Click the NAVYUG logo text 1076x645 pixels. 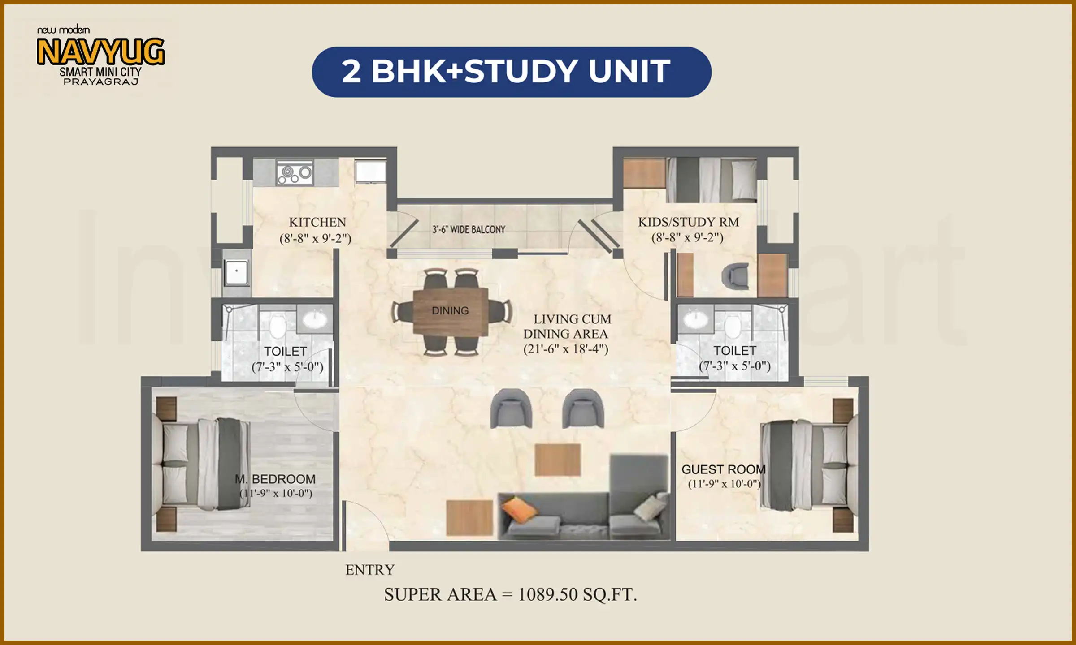click(100, 52)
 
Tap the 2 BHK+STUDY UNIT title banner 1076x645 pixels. click(511, 72)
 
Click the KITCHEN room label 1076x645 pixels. click(317, 222)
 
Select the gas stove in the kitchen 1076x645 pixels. click(294, 173)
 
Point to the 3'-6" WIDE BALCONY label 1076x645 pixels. click(469, 230)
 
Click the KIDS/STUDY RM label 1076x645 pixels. click(688, 222)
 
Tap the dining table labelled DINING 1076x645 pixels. click(450, 311)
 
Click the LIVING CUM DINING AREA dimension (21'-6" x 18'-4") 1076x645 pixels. click(565, 349)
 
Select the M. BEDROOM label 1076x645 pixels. click(275, 479)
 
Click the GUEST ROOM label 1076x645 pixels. click(723, 469)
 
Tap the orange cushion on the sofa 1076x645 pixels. click(519, 510)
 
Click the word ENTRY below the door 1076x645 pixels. click(369, 570)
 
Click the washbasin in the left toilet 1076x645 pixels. click(315, 319)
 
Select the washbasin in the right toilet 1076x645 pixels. click(695, 319)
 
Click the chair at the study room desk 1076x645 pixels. click(735, 276)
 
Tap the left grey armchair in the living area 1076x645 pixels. click(511, 408)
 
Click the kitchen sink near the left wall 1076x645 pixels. click(236, 271)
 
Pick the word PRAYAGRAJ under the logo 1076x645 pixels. click(100, 82)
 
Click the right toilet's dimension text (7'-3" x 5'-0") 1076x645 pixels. click(734, 366)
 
